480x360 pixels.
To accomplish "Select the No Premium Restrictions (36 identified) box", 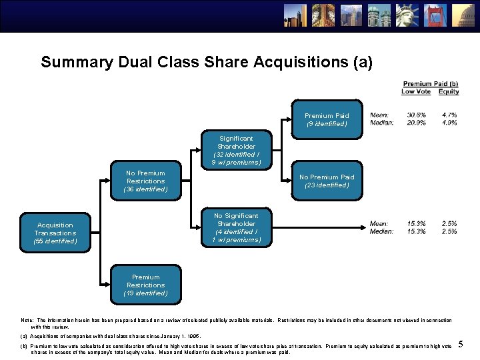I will coord(145,181).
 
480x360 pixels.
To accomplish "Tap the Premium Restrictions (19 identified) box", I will coord(145,285).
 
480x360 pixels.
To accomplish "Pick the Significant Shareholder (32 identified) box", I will coord(236,150).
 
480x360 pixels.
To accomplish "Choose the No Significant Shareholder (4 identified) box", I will coord(236,228).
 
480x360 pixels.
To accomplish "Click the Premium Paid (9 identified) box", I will coord(327,120).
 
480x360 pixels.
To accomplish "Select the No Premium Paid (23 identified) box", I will coord(327,181).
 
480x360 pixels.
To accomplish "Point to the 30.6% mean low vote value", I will coord(417,115).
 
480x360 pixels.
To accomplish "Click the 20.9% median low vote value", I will coord(417,123).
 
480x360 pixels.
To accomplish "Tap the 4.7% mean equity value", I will coord(449,115).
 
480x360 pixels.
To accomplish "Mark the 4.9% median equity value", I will coord(449,123).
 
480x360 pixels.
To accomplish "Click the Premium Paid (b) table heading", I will coord(431,84).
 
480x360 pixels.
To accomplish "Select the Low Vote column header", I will coord(416,92).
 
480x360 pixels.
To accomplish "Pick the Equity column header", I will coord(449,92).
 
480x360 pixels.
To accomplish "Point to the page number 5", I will coord(461,344).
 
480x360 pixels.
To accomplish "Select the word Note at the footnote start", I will coord(27,321).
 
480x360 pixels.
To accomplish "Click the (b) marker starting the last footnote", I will coord(25,345).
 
